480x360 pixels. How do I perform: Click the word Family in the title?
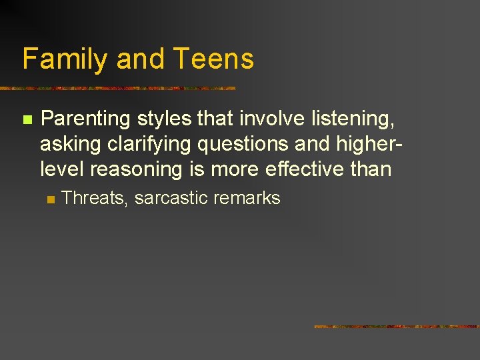[x=65, y=59]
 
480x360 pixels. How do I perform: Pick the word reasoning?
[x=138, y=169]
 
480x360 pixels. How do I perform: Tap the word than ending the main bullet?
[x=371, y=169]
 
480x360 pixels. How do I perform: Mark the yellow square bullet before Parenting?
[x=27, y=120]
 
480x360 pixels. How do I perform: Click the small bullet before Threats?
[x=50, y=199]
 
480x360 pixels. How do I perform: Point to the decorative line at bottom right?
[x=397, y=327]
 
